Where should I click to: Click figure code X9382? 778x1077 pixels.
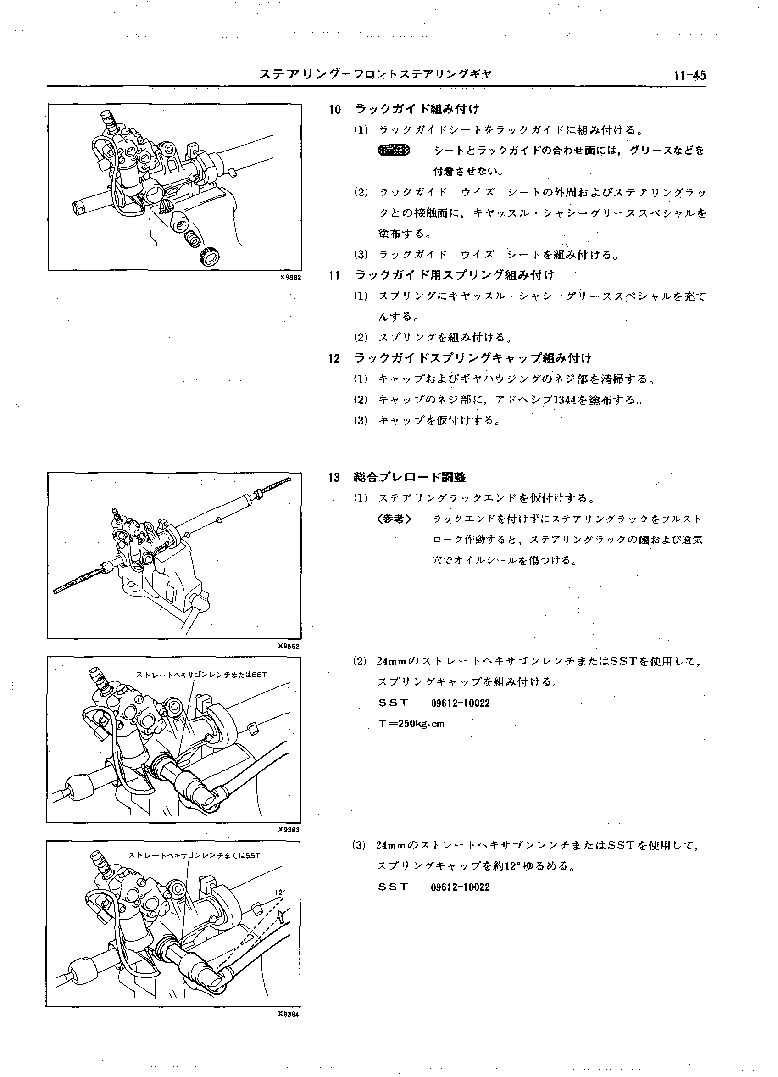pyautogui.click(x=290, y=277)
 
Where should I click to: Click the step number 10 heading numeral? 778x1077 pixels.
pyautogui.click(x=335, y=110)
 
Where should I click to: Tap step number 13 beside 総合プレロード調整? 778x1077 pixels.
pyautogui.click(x=335, y=478)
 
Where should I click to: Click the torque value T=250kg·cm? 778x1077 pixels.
pyautogui.click(x=411, y=724)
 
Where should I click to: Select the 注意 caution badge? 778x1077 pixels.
pyautogui.click(x=394, y=151)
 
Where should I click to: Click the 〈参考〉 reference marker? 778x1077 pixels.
pyautogui.click(x=394, y=519)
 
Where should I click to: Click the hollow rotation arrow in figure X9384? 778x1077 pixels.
pyautogui.click(x=281, y=916)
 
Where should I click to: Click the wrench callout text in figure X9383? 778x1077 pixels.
pyautogui.click(x=201, y=674)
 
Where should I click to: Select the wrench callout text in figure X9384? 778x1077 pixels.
pyautogui.click(x=194, y=855)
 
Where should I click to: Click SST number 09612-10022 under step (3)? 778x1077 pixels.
pyautogui.click(x=460, y=887)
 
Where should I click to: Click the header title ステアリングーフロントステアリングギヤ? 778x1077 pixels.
pyautogui.click(x=375, y=74)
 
